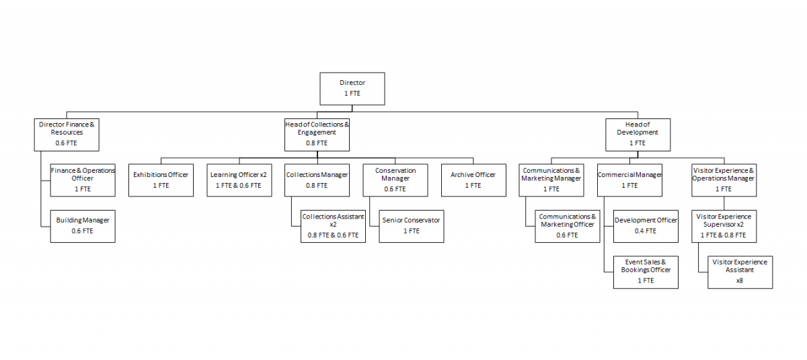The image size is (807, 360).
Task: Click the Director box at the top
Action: click(x=352, y=89)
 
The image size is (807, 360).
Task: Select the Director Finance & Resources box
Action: click(x=67, y=135)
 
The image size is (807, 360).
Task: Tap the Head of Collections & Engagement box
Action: click(x=317, y=135)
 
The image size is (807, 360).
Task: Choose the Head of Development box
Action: click(x=638, y=135)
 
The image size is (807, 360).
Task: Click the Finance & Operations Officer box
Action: click(x=83, y=180)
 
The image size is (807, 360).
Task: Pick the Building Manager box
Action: click(x=83, y=226)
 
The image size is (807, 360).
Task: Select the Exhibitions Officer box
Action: click(x=161, y=180)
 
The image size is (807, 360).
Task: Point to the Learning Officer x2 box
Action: click(x=239, y=180)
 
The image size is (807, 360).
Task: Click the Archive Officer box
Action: click(x=473, y=180)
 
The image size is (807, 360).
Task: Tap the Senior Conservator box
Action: click(x=412, y=226)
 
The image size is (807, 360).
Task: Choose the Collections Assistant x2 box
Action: click(x=334, y=226)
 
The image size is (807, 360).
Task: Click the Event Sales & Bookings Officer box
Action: click(x=646, y=272)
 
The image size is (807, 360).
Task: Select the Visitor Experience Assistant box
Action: click(x=740, y=272)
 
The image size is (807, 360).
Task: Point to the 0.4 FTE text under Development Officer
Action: click(x=645, y=231)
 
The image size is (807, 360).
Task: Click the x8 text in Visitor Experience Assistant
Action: click(x=739, y=281)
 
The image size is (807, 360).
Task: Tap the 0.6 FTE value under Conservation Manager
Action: click(x=395, y=189)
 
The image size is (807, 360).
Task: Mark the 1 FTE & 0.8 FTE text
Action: click(x=723, y=235)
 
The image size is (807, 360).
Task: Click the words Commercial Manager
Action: click(x=629, y=175)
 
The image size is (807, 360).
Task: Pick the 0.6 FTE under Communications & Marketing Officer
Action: click(x=567, y=235)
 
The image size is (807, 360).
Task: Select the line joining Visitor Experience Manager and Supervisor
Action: click(x=724, y=203)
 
